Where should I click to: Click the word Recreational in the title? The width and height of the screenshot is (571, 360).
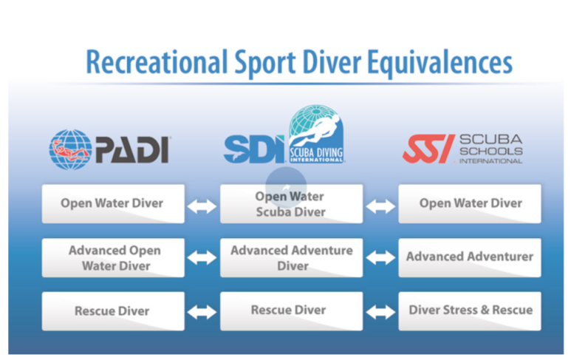pos(156,62)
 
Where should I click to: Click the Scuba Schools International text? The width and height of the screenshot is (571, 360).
pos(490,148)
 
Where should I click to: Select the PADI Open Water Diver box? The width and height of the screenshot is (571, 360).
pos(113,203)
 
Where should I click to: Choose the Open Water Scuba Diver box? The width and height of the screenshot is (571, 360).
pos(291,203)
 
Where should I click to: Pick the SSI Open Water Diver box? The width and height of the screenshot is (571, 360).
pos(470,203)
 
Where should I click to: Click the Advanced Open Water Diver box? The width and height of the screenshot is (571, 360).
pos(113,257)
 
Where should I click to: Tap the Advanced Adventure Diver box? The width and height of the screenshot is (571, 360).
pos(291,257)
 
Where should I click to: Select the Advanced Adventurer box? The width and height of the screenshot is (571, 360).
pos(470,257)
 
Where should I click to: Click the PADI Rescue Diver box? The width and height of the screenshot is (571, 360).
pos(113,311)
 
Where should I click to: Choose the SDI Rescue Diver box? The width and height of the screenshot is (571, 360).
pos(291,311)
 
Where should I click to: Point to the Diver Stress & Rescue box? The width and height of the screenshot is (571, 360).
pos(470,311)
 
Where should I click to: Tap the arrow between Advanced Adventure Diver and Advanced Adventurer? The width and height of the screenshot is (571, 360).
pos(380,258)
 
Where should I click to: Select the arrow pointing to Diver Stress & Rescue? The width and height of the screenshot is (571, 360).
pos(380,312)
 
